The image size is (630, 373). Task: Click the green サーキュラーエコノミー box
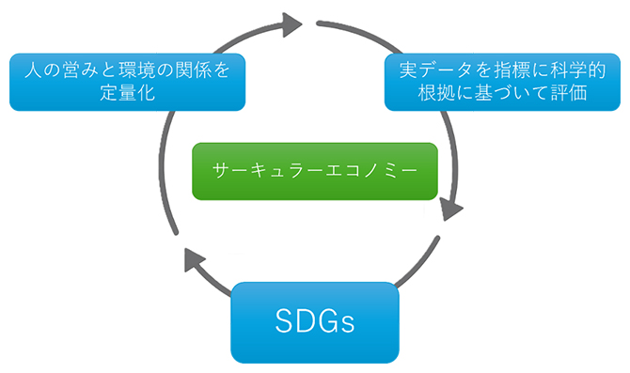(x=314, y=171)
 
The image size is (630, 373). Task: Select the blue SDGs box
(x=315, y=322)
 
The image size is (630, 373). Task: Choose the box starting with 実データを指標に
(x=500, y=81)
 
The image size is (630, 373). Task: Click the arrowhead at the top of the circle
(x=292, y=23)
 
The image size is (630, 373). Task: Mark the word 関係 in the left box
(x=189, y=70)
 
